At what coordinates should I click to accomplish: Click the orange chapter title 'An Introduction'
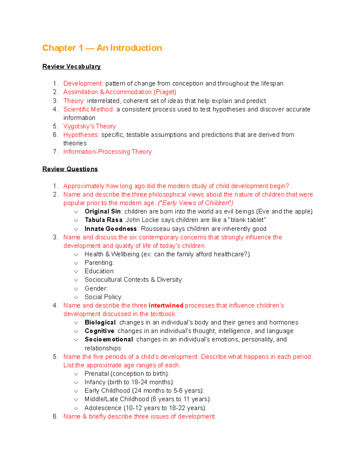tap(129, 48)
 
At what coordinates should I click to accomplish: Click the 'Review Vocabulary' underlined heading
tap(71, 67)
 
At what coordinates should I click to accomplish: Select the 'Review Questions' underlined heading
tap(70, 169)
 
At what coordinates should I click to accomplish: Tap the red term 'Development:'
tap(83, 83)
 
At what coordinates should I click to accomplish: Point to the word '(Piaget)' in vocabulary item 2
tap(165, 92)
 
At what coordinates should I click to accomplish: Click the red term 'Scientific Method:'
tap(88, 109)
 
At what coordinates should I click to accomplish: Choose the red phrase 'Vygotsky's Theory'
tap(89, 126)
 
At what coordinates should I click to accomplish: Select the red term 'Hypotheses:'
tap(81, 135)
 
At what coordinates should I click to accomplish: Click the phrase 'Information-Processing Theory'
tap(107, 152)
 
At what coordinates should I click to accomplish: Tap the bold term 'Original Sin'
tap(102, 212)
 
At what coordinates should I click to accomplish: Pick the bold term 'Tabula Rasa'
tap(103, 220)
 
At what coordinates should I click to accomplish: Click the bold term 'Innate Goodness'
tap(110, 229)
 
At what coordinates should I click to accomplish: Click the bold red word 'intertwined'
tap(166, 305)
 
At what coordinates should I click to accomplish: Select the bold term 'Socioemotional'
tap(109, 339)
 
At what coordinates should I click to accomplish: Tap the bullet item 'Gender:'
tap(96, 289)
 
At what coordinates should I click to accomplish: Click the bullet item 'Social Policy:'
tap(103, 297)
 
